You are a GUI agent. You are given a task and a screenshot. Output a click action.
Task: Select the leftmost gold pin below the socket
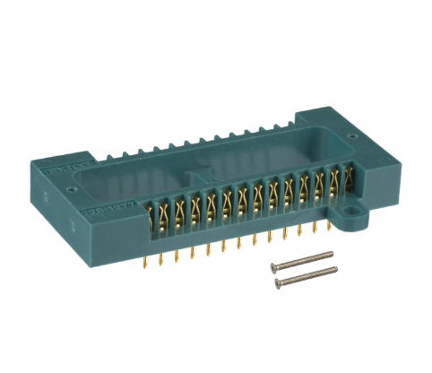click(x=147, y=260)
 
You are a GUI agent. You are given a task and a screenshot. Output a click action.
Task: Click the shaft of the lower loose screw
click(x=305, y=276)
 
